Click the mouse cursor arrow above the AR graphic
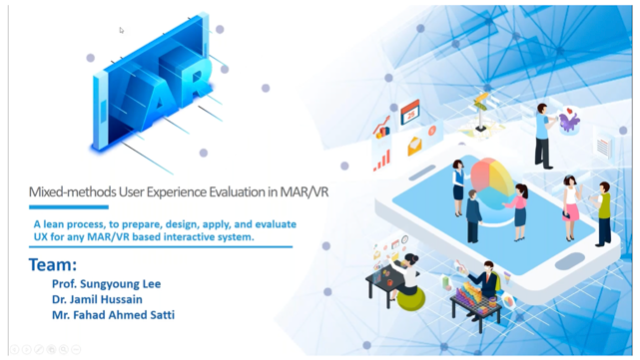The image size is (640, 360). click(x=122, y=29)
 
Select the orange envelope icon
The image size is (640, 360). click(x=416, y=146)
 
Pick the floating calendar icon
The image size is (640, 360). click(x=409, y=116)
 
